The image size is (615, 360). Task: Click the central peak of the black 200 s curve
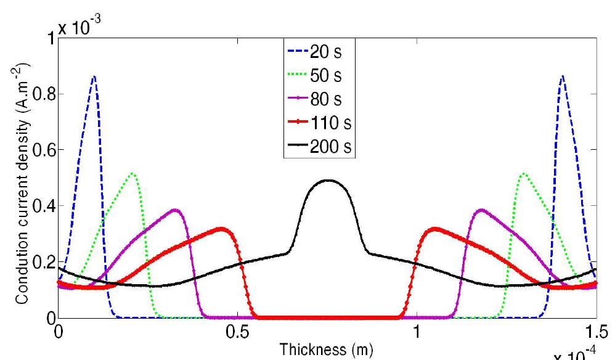click(x=328, y=181)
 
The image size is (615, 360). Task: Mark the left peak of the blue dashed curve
click(x=94, y=76)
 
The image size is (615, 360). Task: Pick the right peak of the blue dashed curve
click(x=562, y=76)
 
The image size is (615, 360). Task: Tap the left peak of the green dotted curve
click(x=132, y=173)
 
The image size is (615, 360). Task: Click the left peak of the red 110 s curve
click(x=221, y=229)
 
